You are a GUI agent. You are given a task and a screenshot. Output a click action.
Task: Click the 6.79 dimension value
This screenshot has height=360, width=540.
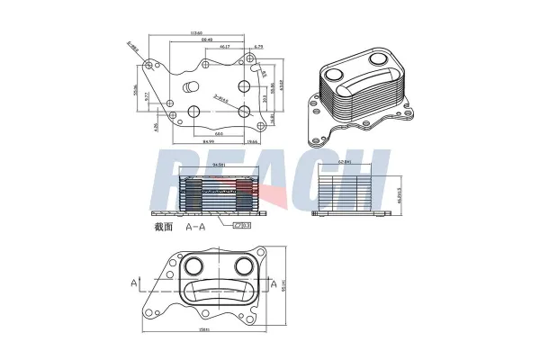point(258,46)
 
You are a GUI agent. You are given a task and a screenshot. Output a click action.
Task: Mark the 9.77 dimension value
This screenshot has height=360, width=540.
point(162,110)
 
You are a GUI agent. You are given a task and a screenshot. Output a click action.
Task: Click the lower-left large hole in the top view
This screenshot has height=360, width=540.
point(193,112)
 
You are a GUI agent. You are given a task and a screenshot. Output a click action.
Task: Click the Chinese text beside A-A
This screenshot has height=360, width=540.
point(163,227)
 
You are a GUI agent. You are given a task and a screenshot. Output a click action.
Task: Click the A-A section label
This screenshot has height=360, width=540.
point(196,228)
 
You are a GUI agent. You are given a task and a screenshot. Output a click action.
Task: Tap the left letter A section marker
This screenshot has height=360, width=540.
point(134,283)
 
